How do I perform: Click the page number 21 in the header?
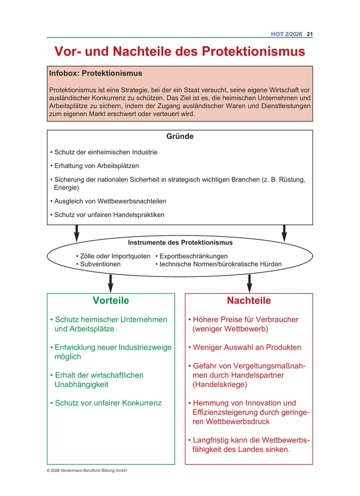point(309,34)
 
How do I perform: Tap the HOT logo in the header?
point(277,34)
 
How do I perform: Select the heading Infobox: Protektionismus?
point(95,73)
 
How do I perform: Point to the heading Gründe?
point(179,136)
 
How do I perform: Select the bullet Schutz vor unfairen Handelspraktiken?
point(107,215)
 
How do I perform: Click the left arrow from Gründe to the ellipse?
point(76,232)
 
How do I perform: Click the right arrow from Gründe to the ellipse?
point(284,232)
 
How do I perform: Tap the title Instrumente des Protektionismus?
point(180,243)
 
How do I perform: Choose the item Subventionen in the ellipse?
point(98,264)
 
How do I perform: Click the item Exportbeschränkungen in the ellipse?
point(189,256)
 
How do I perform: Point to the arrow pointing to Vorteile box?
point(110,283)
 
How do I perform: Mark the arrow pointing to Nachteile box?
point(249,283)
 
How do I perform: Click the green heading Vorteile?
point(110,301)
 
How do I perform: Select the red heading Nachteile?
point(249,301)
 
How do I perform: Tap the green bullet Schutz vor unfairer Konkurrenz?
point(106,403)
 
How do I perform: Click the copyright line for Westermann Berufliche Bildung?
point(87,470)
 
